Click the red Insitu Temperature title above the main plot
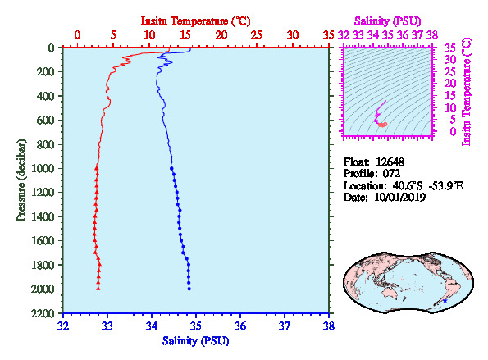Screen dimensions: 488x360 [x=195, y=21]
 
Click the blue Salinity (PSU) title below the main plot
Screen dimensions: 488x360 [x=195, y=341]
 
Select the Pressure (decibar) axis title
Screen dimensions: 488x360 [x=21, y=180]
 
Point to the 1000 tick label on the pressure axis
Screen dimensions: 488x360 [x=43, y=168]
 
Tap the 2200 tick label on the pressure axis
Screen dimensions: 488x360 [x=43, y=313]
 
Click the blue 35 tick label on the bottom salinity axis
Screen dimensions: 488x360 [x=196, y=326]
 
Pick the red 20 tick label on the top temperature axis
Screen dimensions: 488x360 [x=221, y=34]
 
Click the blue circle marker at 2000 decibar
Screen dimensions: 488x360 [x=189, y=289]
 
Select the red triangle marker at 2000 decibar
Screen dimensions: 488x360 [x=98, y=289]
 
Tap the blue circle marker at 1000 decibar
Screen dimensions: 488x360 [x=171, y=168]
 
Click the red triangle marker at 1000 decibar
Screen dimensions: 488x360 [x=97, y=168]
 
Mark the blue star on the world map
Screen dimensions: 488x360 [x=445, y=301]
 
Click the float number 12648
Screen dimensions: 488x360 [x=390, y=162]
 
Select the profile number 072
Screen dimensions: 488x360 [x=391, y=173]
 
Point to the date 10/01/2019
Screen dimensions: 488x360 [x=399, y=197]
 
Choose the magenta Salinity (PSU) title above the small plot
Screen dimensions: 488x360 [x=387, y=21]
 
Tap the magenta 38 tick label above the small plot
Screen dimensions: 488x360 [x=432, y=34]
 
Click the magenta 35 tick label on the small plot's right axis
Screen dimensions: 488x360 [x=450, y=48]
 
